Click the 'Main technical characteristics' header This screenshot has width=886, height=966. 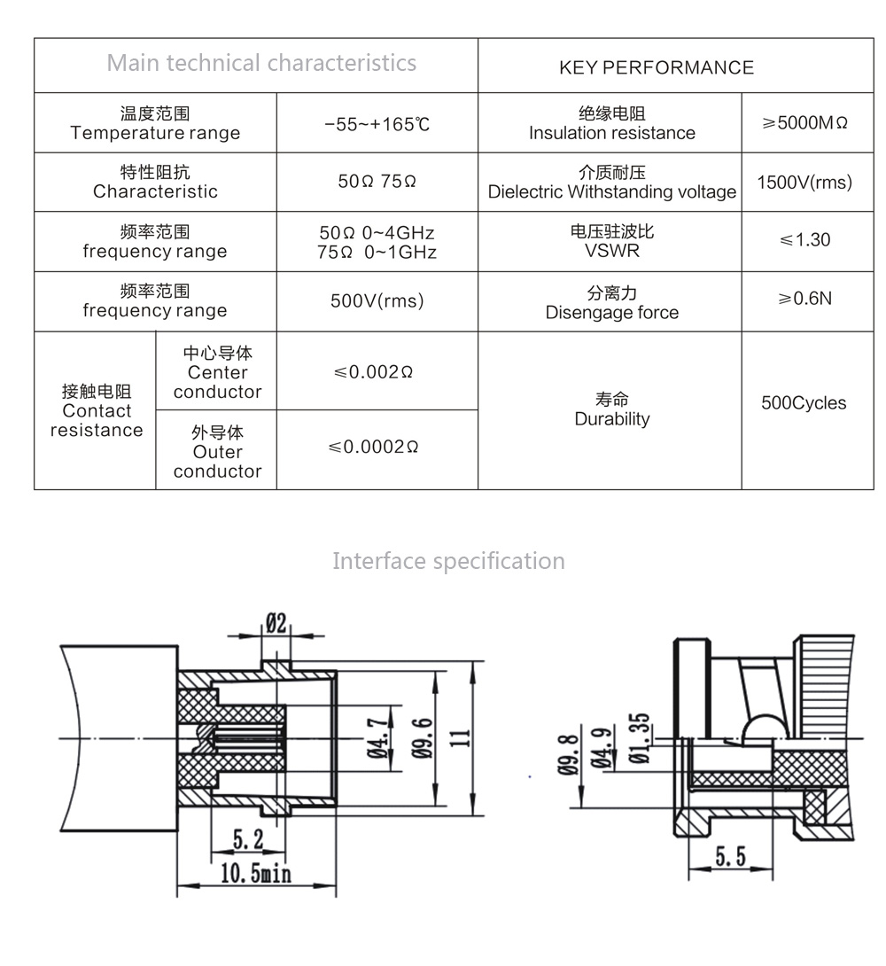tap(261, 63)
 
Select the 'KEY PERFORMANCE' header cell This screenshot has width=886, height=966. tap(657, 67)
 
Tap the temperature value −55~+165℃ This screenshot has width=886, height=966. tap(377, 124)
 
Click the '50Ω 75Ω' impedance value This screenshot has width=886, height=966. tap(377, 182)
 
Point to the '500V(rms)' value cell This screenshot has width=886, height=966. tap(377, 301)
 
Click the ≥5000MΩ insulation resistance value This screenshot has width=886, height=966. tap(805, 123)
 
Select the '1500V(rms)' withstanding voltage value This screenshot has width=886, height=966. tap(804, 183)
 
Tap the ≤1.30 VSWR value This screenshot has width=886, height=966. tap(804, 240)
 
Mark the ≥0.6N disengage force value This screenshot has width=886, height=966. tap(804, 299)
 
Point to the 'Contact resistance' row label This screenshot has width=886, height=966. tap(97, 411)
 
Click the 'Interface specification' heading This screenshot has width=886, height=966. tap(448, 561)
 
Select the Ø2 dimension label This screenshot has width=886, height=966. tap(276, 623)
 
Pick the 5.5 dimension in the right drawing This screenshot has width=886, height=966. tap(731, 855)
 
